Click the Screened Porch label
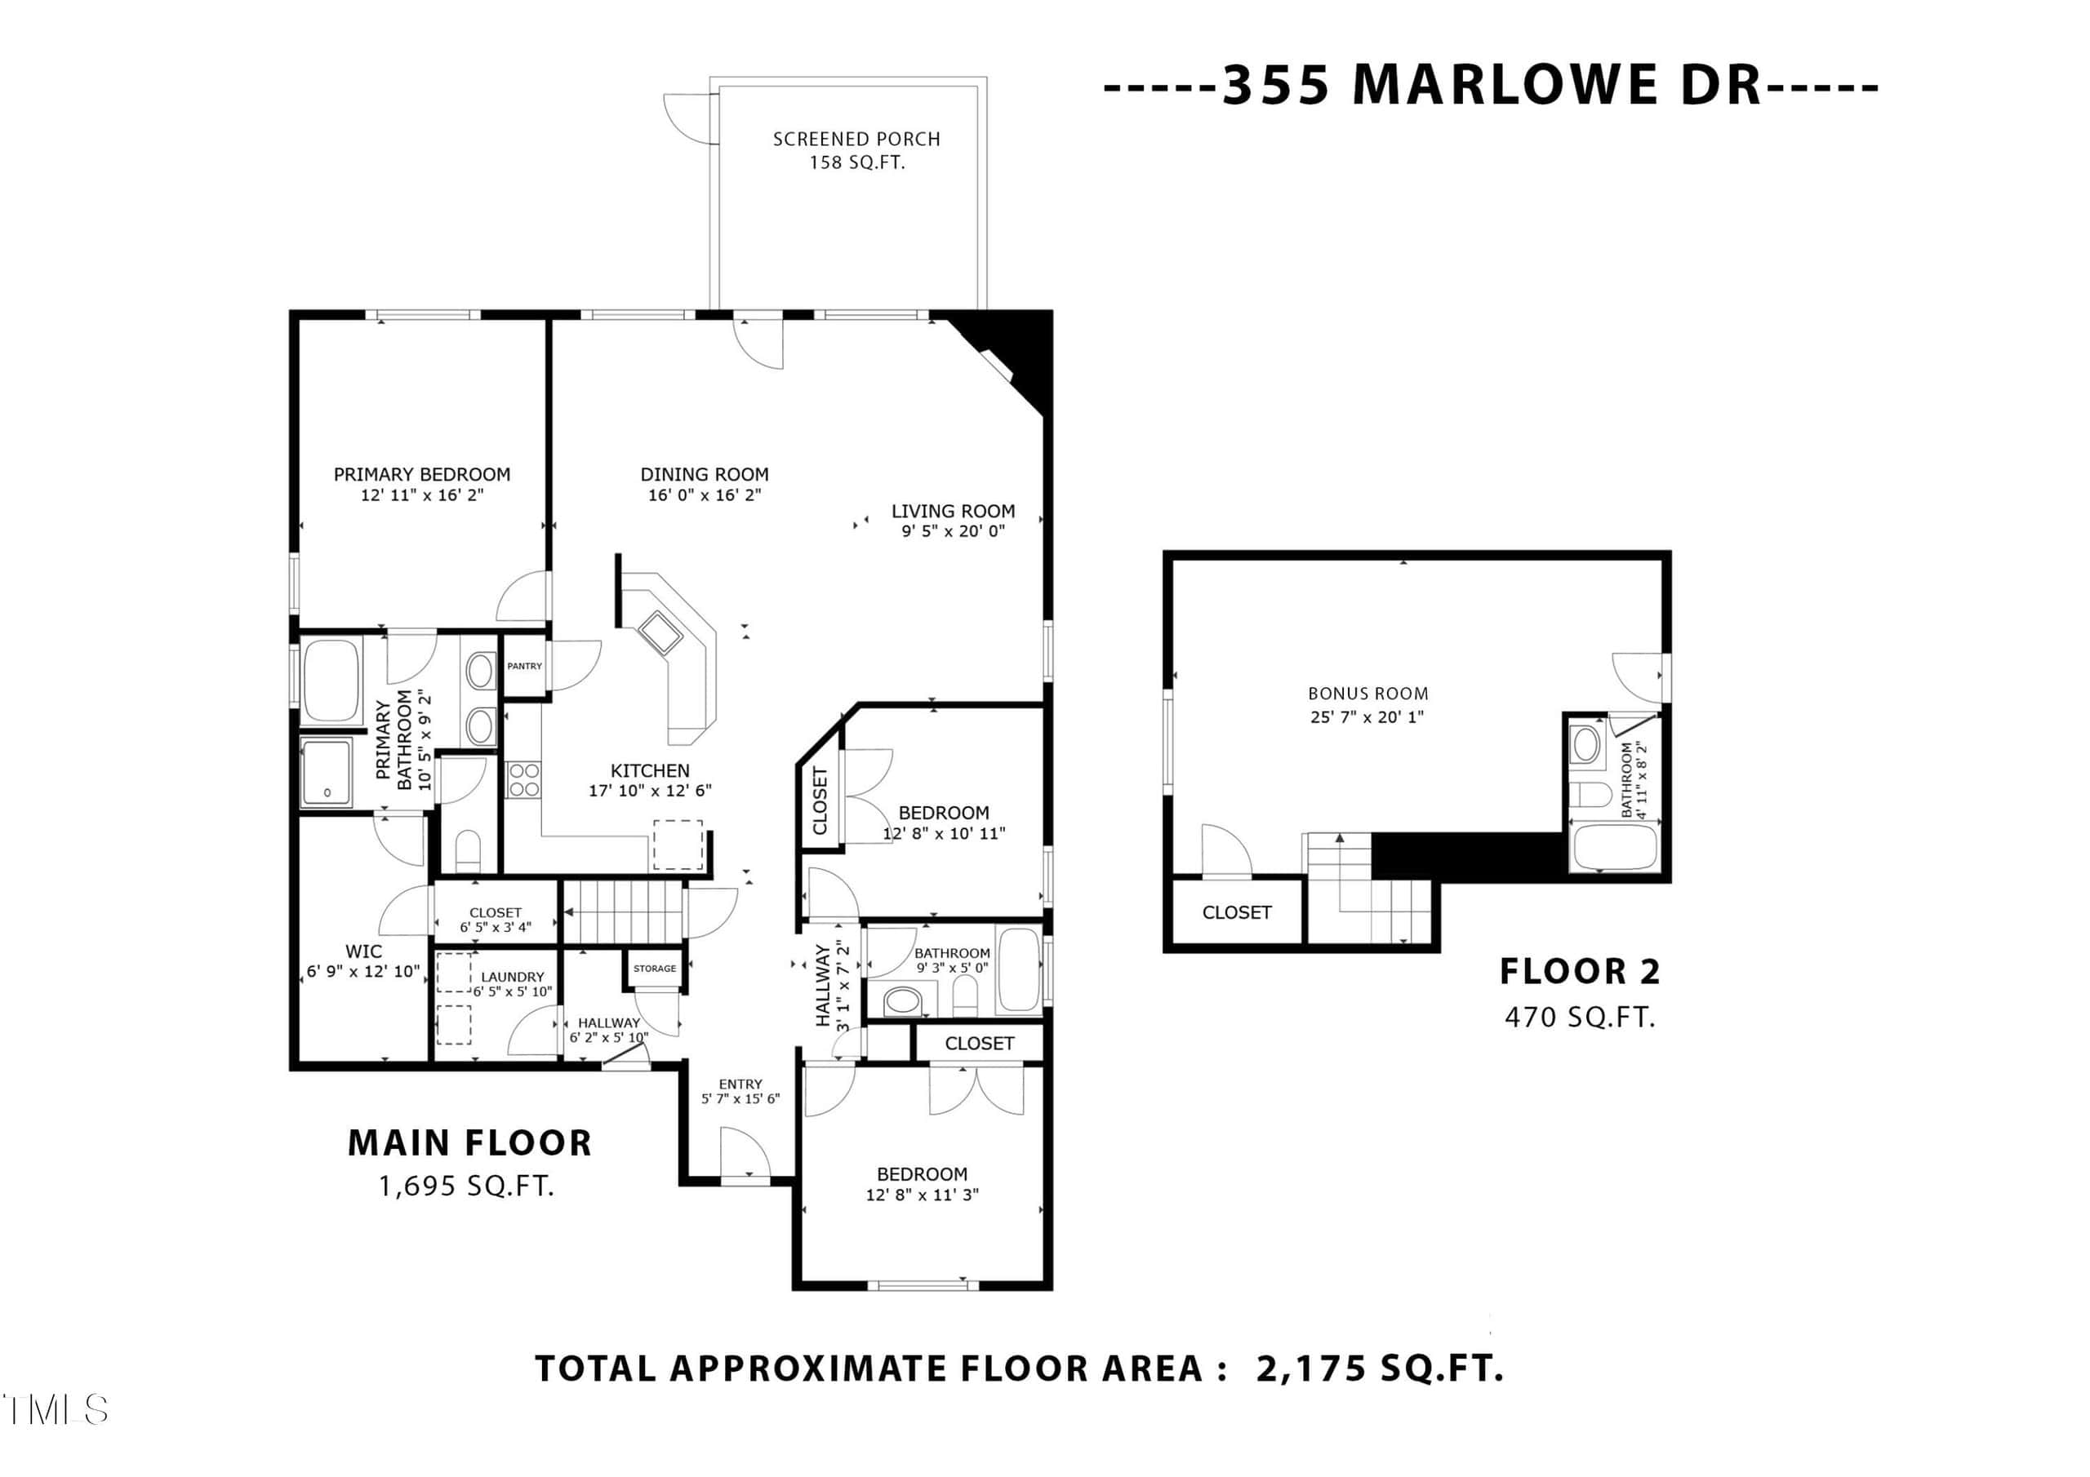tap(856, 140)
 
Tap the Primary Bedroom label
tap(421, 474)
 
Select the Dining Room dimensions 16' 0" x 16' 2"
tap(705, 495)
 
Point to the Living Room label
tap(953, 512)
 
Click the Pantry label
tap(524, 666)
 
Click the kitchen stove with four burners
tap(523, 780)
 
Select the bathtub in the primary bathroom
tap(331, 681)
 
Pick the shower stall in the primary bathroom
tap(326, 774)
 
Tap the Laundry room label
tap(513, 977)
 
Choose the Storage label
tap(655, 969)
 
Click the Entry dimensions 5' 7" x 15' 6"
tap(740, 1098)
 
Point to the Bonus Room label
tap(1368, 694)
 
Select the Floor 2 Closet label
tap(1236, 911)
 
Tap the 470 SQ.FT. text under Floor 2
tap(1579, 1017)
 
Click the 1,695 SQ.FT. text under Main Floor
tap(467, 1186)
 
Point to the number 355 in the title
tap(1275, 85)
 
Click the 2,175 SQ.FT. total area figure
tap(1379, 1368)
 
